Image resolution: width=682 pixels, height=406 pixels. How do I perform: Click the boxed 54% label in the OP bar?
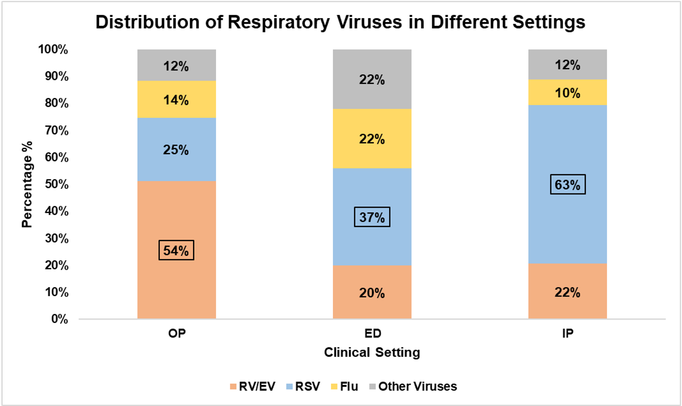point(176,250)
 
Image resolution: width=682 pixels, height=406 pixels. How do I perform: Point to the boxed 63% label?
point(568,184)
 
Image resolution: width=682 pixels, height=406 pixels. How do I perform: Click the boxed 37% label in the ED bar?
point(372,217)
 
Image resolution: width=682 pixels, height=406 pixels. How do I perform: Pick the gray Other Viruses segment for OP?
point(176,65)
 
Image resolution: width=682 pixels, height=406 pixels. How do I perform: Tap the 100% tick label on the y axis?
point(54,49)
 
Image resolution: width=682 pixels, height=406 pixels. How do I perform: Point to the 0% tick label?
point(59,319)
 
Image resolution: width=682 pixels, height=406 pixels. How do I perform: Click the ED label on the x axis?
point(372,333)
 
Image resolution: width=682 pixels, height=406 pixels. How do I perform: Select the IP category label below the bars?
point(568,333)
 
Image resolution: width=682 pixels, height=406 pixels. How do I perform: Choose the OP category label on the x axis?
point(177,333)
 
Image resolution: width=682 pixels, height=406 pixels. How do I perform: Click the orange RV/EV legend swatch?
point(233,387)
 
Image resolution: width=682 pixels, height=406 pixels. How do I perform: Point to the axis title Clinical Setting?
point(372,352)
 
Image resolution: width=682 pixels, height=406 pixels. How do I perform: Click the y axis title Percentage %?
point(27,184)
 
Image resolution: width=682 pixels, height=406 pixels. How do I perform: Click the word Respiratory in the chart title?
point(278,22)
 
